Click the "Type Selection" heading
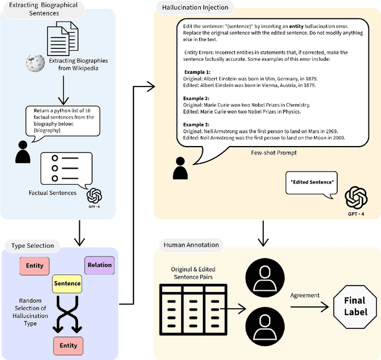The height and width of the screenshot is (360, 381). pos(32,246)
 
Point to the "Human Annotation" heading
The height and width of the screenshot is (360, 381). pos(190,245)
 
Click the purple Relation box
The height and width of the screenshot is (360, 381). pos(99,265)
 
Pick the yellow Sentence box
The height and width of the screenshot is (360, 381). pos(67,284)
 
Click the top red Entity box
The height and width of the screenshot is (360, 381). pos(35,266)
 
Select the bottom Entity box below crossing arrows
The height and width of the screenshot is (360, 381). pos(67,345)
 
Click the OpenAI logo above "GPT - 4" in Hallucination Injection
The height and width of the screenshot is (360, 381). pos(356,196)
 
